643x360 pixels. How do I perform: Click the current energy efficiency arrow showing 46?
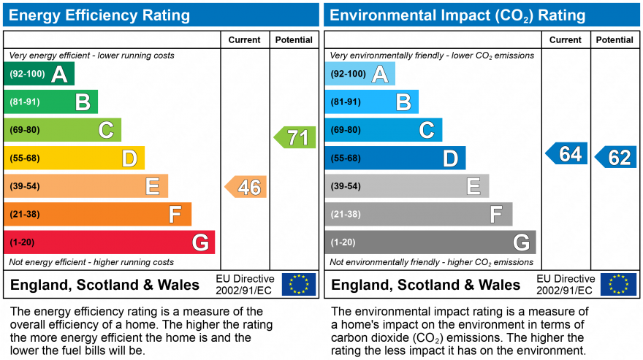[246, 187]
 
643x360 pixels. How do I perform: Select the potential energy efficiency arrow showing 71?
[295, 137]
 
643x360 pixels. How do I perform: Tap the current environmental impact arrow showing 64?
[567, 154]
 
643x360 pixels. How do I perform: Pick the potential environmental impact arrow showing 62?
[615, 157]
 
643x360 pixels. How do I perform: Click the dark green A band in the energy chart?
[39, 74]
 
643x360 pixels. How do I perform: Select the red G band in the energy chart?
[110, 242]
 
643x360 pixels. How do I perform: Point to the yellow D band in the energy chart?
[74, 158]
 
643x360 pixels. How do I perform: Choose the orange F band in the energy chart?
[97, 215]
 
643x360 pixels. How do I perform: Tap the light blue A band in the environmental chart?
[360, 74]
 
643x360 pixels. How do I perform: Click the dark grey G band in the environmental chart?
[430, 242]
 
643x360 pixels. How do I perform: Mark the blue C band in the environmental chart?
[384, 130]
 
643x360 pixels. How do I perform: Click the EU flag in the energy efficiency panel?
[299, 284]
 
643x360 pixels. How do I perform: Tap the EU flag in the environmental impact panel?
[618, 284]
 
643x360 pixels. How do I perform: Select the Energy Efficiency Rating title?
[99, 15]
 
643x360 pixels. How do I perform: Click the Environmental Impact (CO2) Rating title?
[458, 15]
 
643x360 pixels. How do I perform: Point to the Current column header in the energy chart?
[245, 40]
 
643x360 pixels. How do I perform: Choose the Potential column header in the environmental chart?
[615, 40]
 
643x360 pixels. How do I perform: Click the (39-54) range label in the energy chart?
[24, 186]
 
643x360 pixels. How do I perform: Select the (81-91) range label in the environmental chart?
[346, 102]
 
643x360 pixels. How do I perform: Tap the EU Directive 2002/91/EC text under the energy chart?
[245, 285]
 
